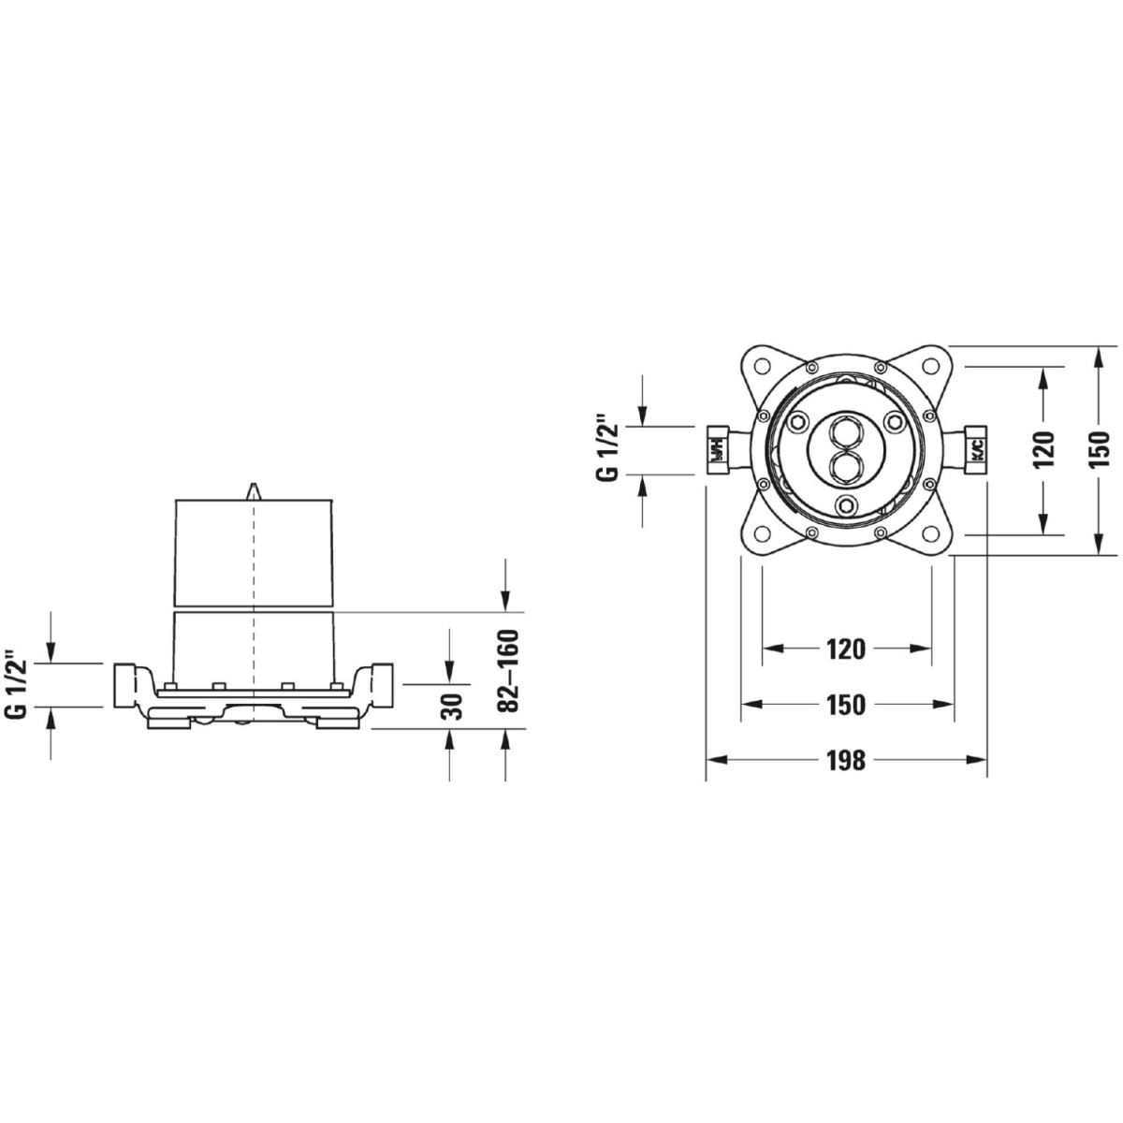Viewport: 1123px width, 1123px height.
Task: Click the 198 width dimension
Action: tap(846, 760)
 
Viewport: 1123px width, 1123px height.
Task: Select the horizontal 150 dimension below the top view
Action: tap(846, 706)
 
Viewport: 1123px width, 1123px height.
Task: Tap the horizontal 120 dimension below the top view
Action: tap(846, 649)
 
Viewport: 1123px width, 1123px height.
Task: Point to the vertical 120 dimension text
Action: tap(1043, 449)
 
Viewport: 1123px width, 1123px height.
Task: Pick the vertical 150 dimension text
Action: tap(1099, 449)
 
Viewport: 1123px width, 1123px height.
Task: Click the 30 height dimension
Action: tap(451, 707)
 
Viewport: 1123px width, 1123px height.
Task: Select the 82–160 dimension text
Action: tap(508, 671)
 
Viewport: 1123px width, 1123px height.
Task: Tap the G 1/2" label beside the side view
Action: tap(17, 685)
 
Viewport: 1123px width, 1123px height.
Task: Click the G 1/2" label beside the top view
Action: tap(606, 448)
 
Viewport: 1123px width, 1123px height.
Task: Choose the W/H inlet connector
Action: tap(719, 450)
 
